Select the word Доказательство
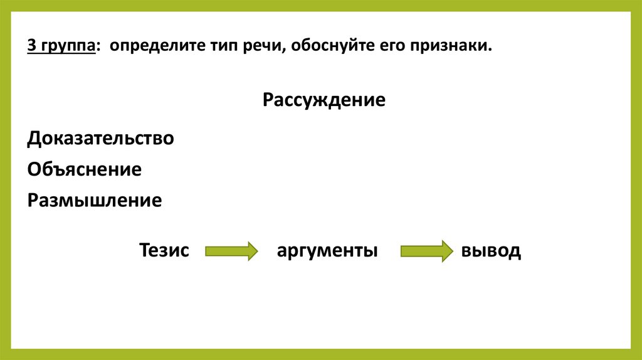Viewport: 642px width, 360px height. (100, 139)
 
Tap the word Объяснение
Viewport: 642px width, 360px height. (84, 169)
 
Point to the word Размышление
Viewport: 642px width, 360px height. (95, 201)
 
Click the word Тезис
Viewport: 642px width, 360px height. (164, 251)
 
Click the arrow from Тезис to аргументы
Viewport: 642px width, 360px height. (231, 251)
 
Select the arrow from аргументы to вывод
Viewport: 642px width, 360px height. (426, 251)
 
